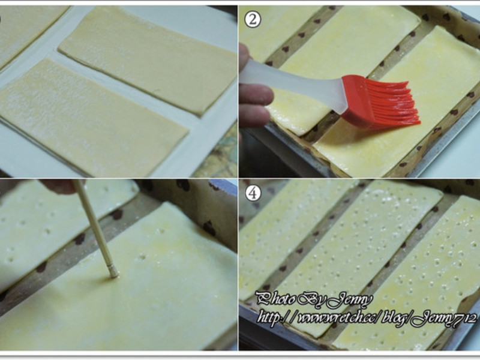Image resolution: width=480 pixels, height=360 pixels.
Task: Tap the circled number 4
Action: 253,193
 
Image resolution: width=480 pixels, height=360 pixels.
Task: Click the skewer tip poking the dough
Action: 114,274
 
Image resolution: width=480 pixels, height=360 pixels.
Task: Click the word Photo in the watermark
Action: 277,299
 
